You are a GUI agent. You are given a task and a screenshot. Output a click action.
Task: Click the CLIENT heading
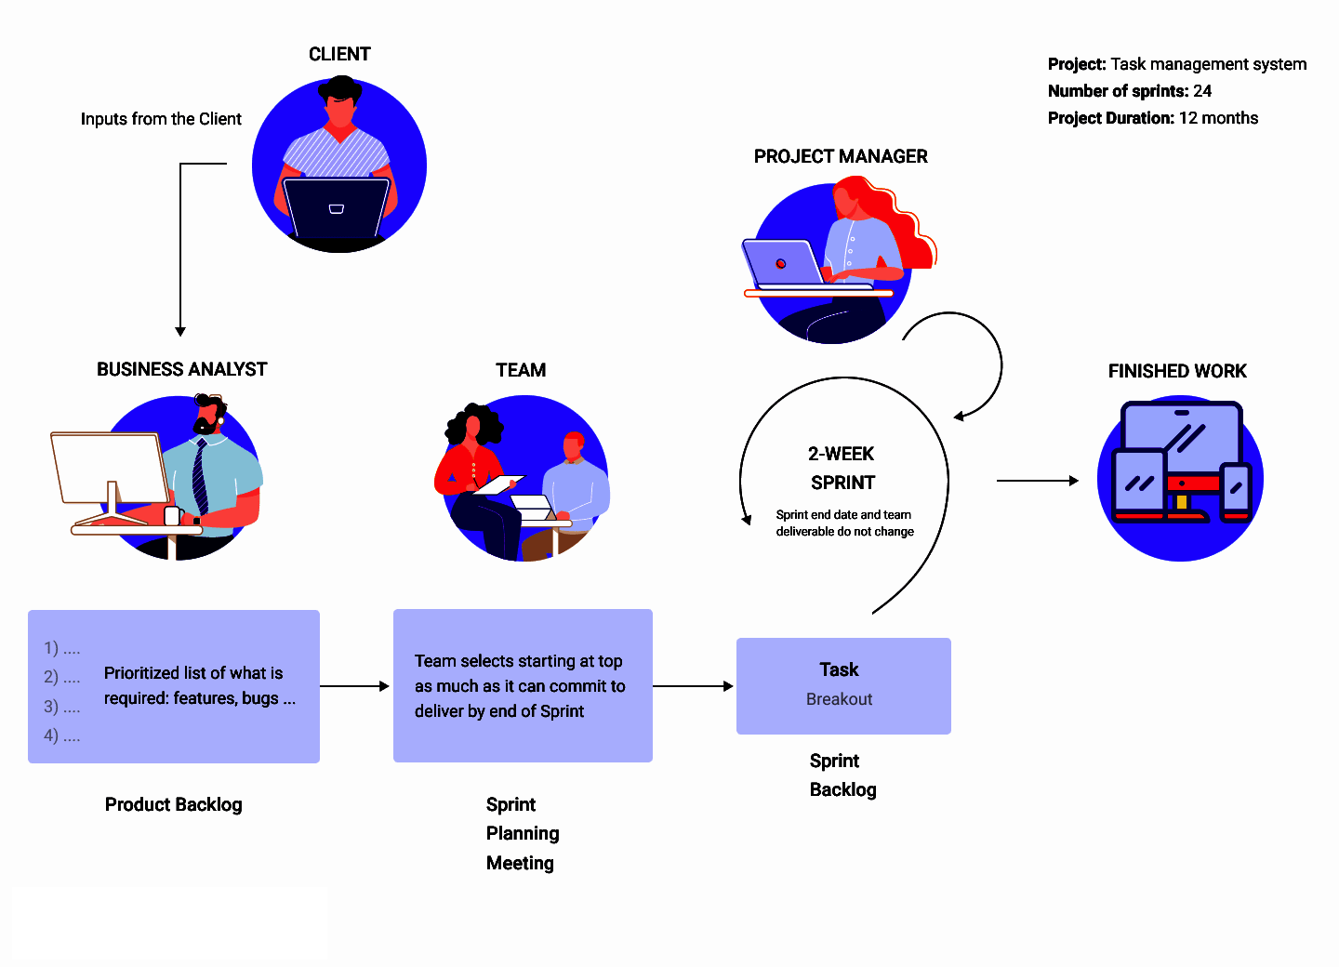[x=338, y=54]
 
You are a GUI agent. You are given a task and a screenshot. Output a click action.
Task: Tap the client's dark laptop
[x=337, y=208]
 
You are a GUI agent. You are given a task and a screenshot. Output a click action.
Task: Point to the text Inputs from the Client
[x=161, y=119]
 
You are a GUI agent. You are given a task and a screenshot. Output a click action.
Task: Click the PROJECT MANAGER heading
[x=840, y=156]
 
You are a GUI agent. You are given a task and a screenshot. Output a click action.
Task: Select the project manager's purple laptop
[x=783, y=263]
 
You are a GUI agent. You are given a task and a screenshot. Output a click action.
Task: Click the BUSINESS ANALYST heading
[x=181, y=369]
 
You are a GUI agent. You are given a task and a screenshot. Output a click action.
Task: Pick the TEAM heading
[x=521, y=370]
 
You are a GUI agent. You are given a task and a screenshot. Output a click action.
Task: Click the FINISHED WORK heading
[x=1177, y=371]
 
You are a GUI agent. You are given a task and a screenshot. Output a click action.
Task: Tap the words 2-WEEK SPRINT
[x=842, y=468]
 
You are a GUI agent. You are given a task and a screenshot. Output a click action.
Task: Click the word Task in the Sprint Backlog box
[x=839, y=669]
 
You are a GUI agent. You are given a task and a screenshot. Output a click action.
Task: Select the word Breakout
[x=839, y=698]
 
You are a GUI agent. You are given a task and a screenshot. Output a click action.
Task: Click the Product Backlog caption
[x=173, y=804]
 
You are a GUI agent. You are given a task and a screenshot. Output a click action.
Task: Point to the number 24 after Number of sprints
[x=1202, y=91]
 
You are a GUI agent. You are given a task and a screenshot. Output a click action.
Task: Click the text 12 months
[x=1218, y=118]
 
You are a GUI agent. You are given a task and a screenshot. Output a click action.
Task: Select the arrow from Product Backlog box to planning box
[x=354, y=686]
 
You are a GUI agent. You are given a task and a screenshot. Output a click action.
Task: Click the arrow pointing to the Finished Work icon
[x=1037, y=480]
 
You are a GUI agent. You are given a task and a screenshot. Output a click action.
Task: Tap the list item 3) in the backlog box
[x=61, y=707]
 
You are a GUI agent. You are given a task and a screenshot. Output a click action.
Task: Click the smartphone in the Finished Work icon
[x=1236, y=491]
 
